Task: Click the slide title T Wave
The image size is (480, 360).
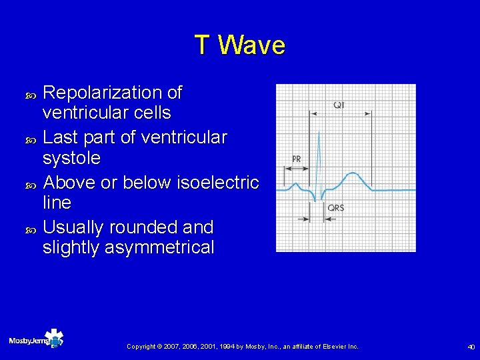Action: pos(240,45)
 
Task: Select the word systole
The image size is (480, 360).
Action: pos(71,159)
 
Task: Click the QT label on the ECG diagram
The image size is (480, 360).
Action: pos(339,105)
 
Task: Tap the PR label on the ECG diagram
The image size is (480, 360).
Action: pos(297,159)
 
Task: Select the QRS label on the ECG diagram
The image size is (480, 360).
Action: pos(336,208)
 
